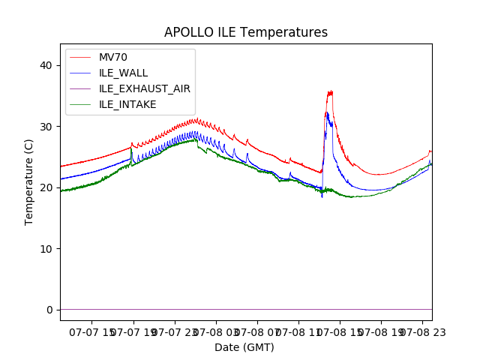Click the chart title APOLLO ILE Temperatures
pos(246,33)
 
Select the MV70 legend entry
pos(112,57)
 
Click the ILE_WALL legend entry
pos(123,73)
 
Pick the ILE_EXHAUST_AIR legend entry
pos(144,88)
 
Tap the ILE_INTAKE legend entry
pos(127,104)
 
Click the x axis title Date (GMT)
pos(244,347)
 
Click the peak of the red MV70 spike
pos(329,92)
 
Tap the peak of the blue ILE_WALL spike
pos(326,113)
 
